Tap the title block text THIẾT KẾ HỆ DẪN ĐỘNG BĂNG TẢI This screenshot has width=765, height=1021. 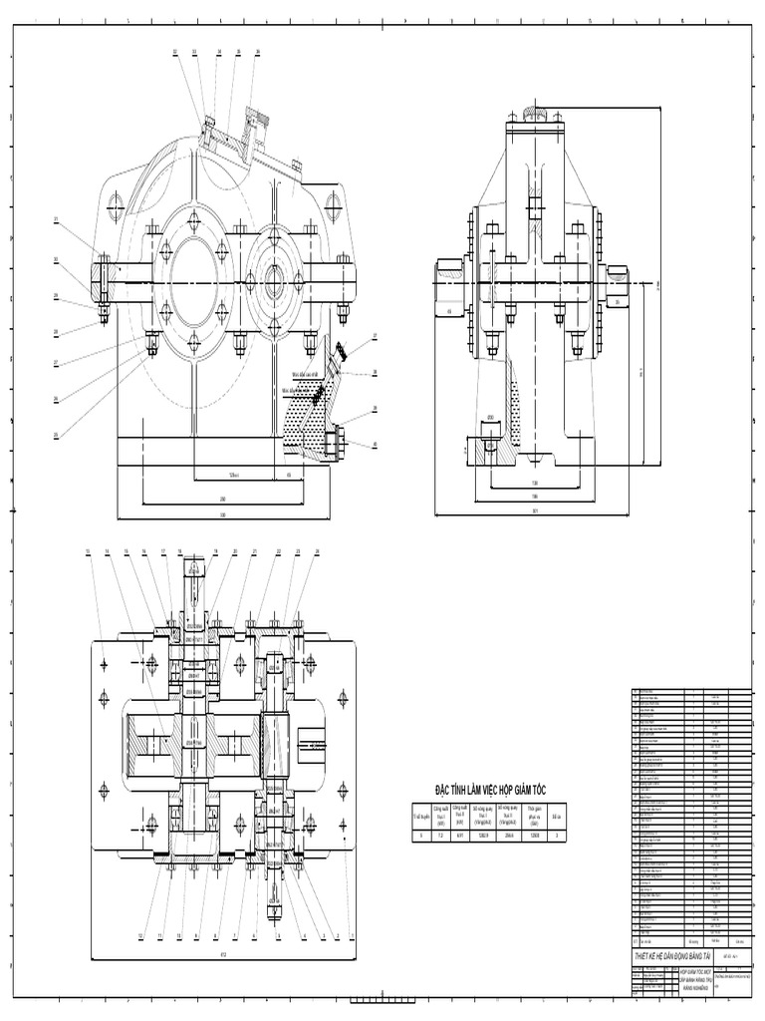point(672,957)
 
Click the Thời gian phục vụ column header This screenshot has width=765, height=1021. point(536,813)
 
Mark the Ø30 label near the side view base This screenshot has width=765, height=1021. point(490,418)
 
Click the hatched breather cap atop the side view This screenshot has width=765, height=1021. point(535,112)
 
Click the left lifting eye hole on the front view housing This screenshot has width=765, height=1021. point(111,207)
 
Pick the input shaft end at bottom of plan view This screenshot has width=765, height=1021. point(275,902)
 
